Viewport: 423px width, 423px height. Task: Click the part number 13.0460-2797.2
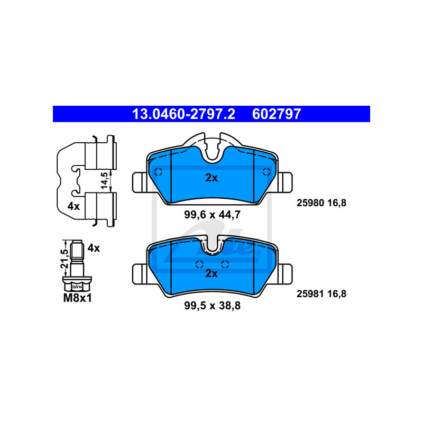(183, 114)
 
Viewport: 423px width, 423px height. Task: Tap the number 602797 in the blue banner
(277, 114)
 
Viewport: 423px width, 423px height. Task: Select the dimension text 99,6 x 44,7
(213, 215)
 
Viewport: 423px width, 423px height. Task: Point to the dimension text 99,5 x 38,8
(213, 306)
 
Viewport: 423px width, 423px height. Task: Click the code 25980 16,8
(321, 203)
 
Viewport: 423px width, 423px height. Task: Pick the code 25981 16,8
(321, 294)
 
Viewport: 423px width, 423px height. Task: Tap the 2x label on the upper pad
(212, 178)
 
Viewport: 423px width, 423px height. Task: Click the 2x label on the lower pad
(212, 273)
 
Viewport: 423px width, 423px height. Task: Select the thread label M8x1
(77, 298)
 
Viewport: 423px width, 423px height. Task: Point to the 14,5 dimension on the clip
(104, 181)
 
